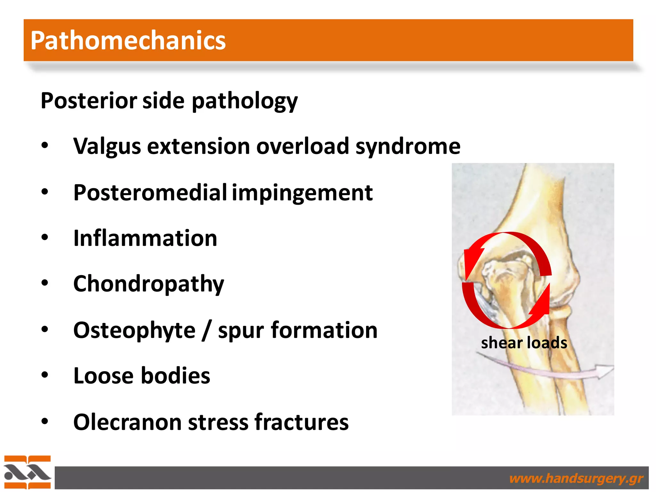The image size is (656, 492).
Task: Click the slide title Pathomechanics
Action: pos(128,40)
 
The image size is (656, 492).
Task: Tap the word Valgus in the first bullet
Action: pos(107,146)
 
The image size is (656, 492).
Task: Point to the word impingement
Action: pos(302,193)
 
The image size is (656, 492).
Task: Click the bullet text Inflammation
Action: pos(145,238)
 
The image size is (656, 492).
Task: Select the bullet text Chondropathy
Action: pos(149,284)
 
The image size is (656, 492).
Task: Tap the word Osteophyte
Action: pos(134,330)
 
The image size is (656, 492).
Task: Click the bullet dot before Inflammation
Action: pos(45,237)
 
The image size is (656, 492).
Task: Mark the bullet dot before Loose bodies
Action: pos(45,374)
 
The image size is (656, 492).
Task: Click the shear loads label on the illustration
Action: pos(524,343)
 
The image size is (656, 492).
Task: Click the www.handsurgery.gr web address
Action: pos(576,479)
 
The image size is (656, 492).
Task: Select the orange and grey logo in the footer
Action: pos(27,472)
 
